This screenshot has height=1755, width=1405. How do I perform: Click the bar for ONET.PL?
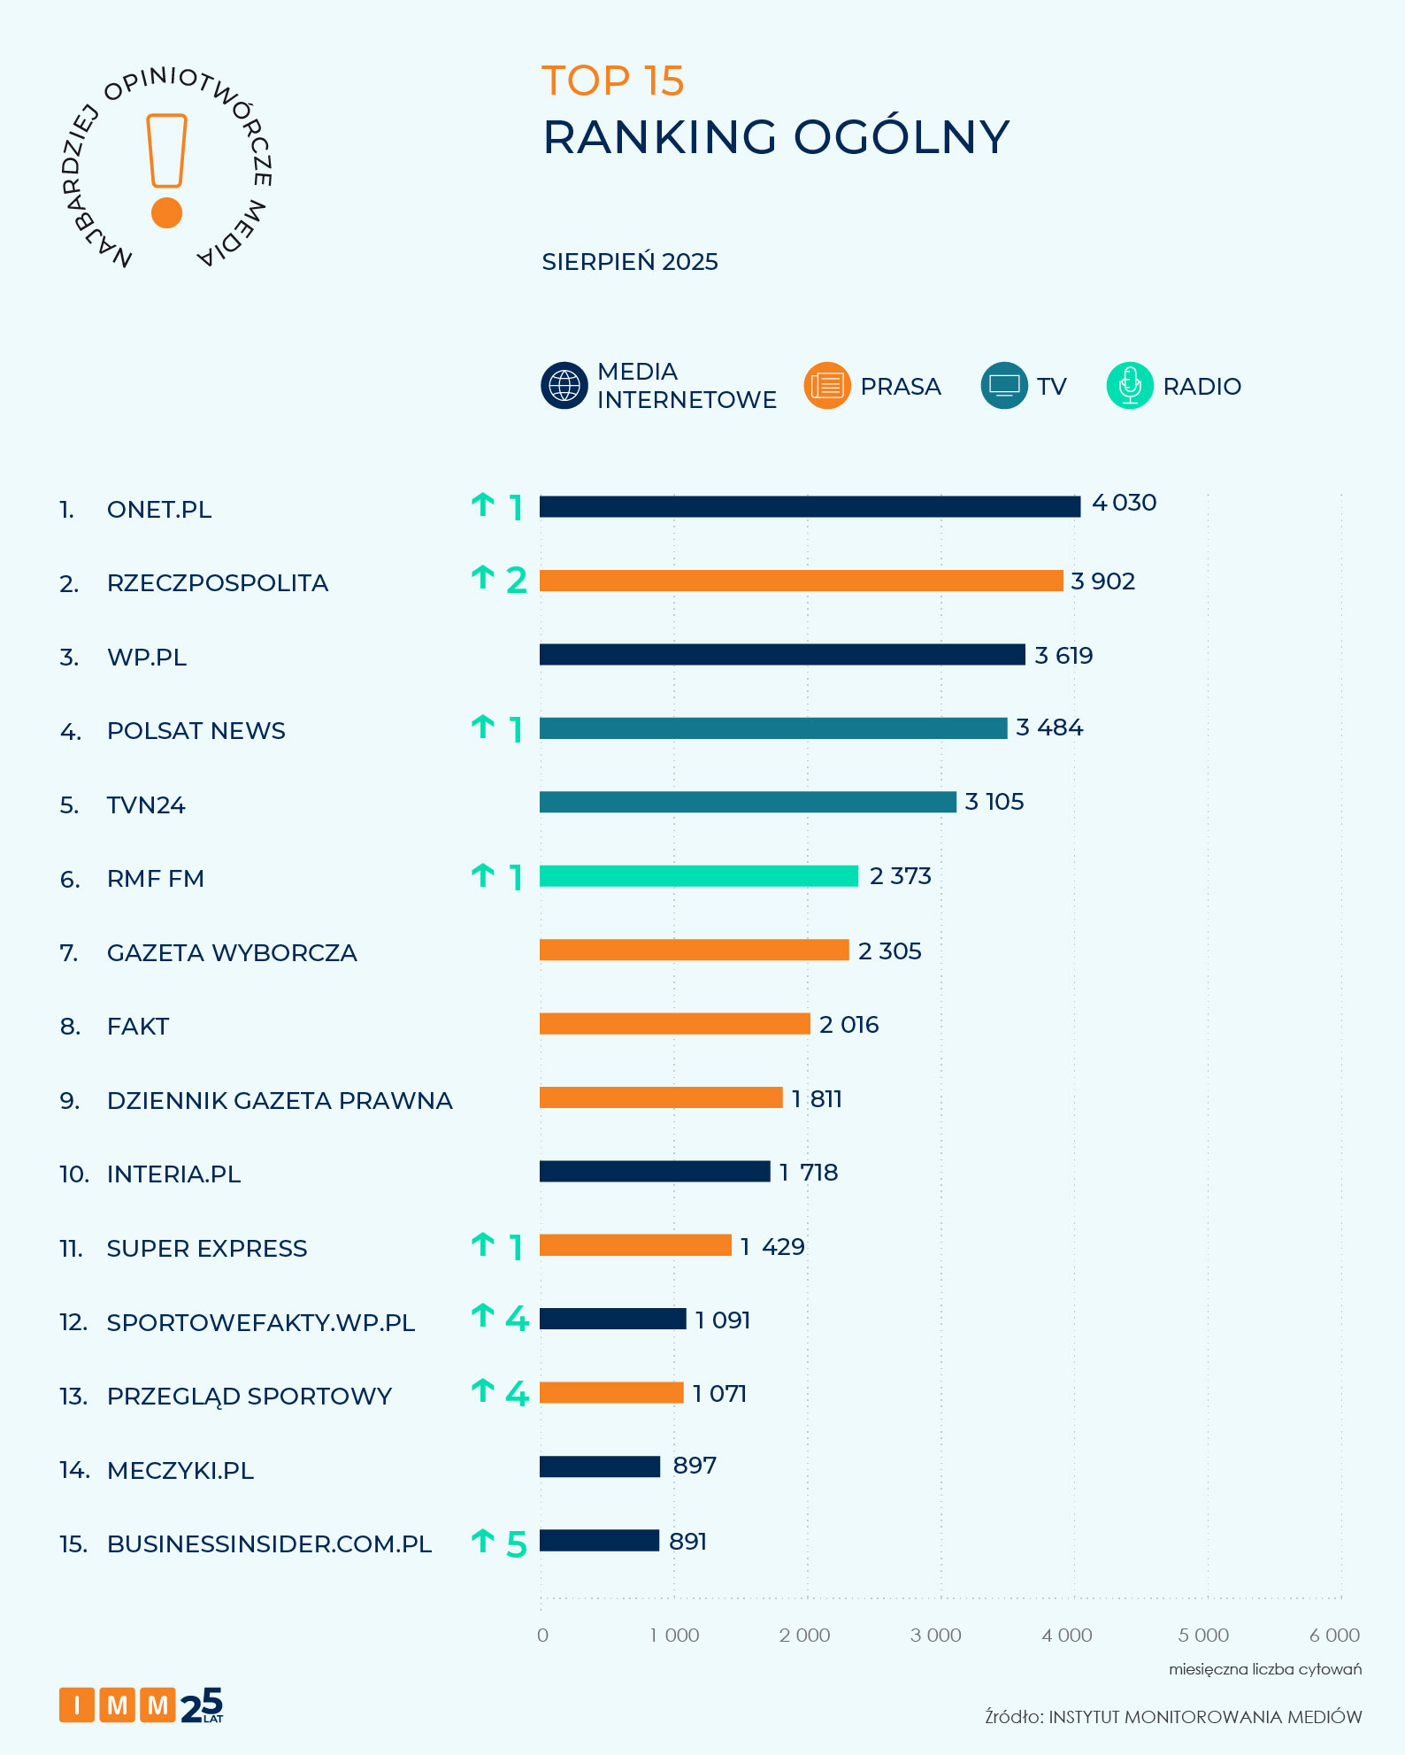click(x=810, y=506)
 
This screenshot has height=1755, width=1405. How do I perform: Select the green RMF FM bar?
click(x=699, y=875)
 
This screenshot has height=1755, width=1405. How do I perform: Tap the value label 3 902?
click(x=1102, y=581)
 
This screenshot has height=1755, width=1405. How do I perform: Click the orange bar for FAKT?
click(x=674, y=1023)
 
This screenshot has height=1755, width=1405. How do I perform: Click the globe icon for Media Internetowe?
click(x=564, y=386)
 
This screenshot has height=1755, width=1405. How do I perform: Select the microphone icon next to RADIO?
click(x=1130, y=386)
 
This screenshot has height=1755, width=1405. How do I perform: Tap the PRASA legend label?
click(x=900, y=387)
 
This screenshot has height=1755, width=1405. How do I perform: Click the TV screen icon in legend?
click(x=1004, y=386)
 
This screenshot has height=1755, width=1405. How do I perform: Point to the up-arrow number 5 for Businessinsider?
click(x=517, y=1545)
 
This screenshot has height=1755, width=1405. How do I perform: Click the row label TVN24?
click(x=146, y=805)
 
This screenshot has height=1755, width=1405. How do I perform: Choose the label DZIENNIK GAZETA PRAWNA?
click(x=280, y=1101)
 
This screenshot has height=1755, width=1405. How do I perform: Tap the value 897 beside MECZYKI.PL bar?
click(x=695, y=1466)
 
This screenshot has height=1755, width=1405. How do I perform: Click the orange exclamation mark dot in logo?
click(x=166, y=213)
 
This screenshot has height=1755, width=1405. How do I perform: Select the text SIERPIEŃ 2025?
click(x=630, y=262)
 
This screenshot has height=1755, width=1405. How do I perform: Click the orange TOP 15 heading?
click(x=612, y=81)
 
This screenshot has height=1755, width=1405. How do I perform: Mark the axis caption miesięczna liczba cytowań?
click(x=1264, y=1669)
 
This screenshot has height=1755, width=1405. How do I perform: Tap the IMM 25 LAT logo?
click(x=142, y=1705)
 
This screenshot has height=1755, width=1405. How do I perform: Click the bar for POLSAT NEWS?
click(x=773, y=727)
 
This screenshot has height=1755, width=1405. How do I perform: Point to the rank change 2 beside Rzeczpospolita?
click(x=517, y=581)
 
